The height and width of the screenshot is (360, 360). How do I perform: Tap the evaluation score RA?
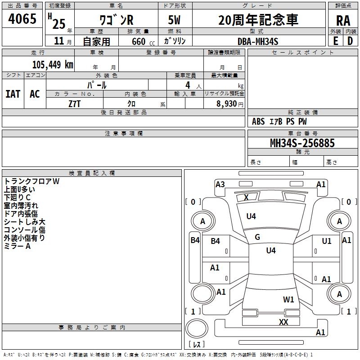pyautogui.click(x=343, y=21)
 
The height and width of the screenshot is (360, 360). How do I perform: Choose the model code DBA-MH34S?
pyautogui.click(x=258, y=41)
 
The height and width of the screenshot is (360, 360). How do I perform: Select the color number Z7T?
pyautogui.click(x=75, y=103)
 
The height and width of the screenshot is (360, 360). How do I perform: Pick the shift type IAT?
pyautogui.click(x=13, y=94)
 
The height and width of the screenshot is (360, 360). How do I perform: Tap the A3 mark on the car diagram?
pyautogui.click(x=220, y=184)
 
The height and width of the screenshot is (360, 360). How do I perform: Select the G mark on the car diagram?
pyautogui.click(x=257, y=237)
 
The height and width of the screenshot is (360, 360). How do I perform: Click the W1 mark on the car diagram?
pyautogui.click(x=288, y=299)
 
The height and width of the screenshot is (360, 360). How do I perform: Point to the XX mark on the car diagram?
pyautogui.click(x=283, y=322)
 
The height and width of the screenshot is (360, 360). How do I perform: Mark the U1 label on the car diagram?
pyautogui.click(x=327, y=241)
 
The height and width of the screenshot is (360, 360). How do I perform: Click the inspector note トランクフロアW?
pyautogui.click(x=31, y=181)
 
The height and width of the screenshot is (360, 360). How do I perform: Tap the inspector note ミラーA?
pyautogui.click(x=17, y=246)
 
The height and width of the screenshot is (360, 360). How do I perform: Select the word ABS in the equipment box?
pyautogui.click(x=258, y=121)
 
